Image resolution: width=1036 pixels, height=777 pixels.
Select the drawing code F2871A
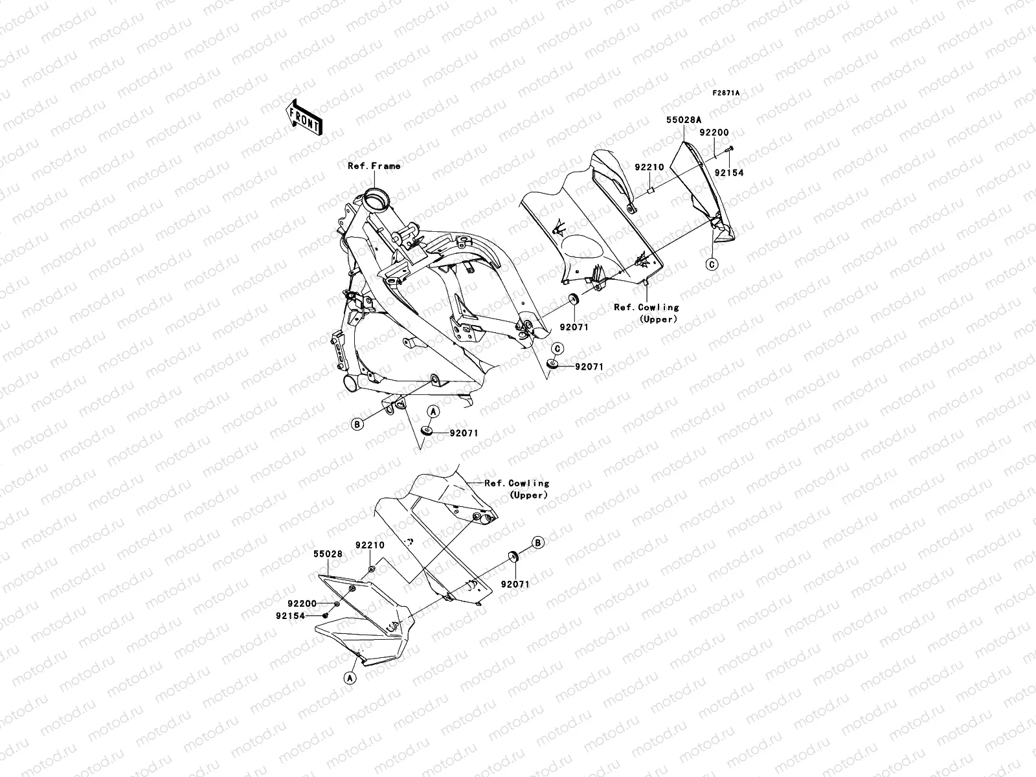726,93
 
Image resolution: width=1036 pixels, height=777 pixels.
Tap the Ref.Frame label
374,166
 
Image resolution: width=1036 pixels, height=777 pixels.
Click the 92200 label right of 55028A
714,133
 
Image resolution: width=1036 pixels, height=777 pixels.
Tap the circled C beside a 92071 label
557,349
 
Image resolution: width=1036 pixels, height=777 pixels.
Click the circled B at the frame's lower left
356,424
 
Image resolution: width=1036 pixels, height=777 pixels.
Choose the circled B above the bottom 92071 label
537,543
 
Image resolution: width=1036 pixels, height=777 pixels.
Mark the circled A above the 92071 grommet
434,412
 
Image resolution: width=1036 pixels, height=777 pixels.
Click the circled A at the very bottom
349,678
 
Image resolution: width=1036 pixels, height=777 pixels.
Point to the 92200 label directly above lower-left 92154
303,603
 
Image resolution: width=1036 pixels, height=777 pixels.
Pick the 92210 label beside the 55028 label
370,546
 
